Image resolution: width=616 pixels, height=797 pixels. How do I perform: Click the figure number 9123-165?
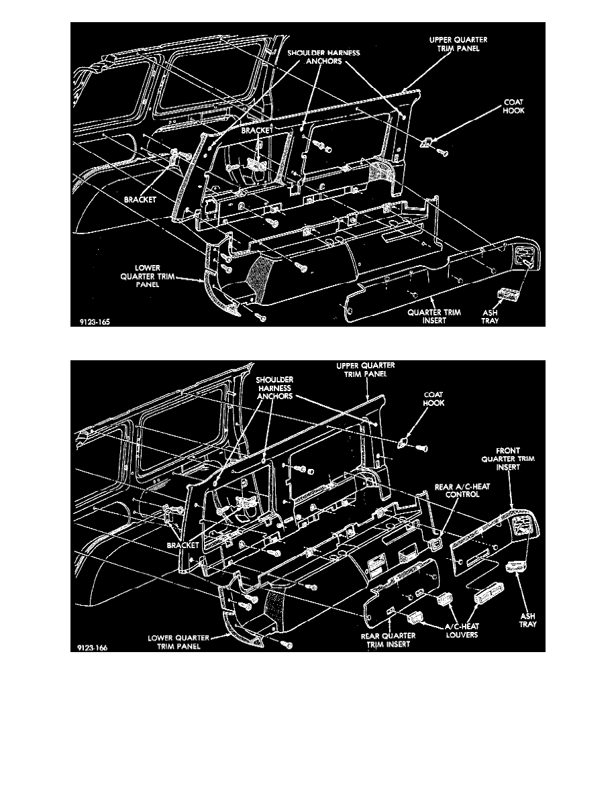pos(95,322)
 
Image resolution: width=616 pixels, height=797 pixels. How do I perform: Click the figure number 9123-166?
pos(93,647)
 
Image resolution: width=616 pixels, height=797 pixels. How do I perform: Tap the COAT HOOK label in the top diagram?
pos(513,106)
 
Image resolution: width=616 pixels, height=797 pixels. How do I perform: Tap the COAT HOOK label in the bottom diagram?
pos(433,398)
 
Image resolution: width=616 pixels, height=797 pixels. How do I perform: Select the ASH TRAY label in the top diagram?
pos(490,317)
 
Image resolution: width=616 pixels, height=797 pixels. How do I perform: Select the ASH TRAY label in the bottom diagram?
pos(527,620)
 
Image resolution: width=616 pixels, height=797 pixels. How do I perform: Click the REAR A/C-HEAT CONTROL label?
pos(462,490)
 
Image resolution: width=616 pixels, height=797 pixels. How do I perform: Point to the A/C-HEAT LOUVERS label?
pos(462,631)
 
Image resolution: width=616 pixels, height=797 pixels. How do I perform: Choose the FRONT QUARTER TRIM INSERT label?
pos(508,458)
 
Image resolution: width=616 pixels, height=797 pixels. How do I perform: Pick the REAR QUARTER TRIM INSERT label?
pos(389,640)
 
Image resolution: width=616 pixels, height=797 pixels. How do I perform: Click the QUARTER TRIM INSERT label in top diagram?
pos(434,317)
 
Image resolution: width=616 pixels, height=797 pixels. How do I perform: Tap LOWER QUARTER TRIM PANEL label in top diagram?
pos(148,276)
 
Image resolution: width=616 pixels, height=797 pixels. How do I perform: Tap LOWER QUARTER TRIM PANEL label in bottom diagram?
pos(178,642)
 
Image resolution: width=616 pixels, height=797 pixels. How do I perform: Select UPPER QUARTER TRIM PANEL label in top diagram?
pos(458,44)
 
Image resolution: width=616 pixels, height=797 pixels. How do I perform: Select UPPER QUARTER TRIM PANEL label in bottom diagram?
pos(366,370)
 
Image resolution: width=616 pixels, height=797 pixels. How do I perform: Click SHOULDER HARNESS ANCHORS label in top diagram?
pos(323,57)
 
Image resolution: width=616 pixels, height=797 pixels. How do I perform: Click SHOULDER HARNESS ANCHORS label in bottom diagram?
pos(274,388)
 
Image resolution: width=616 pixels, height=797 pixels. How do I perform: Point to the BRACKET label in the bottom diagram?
pos(183,545)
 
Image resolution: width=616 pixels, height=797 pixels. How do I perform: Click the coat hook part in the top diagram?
pos(425,142)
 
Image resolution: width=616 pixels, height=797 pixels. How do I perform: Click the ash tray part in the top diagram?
pos(505,295)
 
